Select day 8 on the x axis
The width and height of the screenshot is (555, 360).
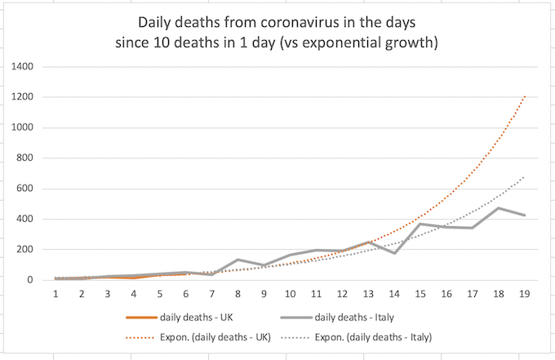pos(238,293)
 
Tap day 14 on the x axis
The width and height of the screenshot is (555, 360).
pos(393,293)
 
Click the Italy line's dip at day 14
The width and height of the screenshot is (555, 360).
pos(393,253)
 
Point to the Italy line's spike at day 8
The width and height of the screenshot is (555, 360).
pos(238,260)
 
